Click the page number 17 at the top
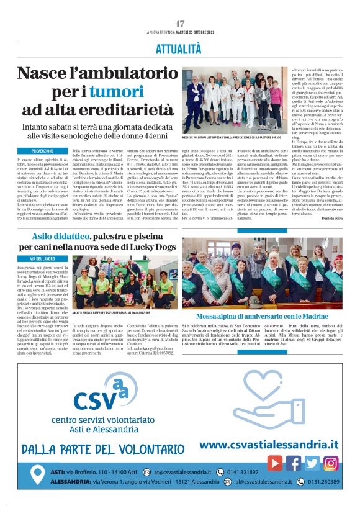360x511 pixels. point(180,24)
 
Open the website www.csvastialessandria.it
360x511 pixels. point(269,445)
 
